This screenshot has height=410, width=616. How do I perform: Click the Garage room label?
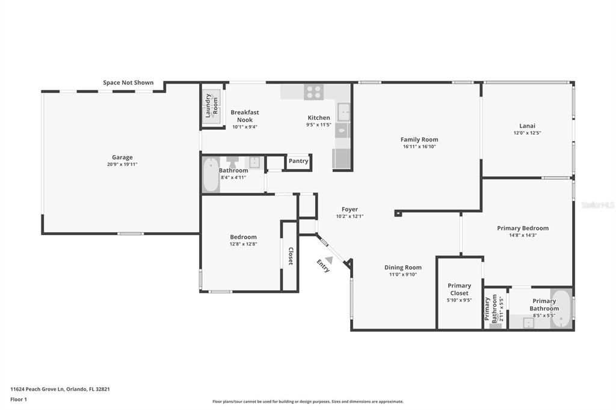pos(122,158)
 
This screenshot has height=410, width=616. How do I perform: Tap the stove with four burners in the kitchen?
pos(313,92)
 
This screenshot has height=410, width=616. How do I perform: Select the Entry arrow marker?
pos(328,260)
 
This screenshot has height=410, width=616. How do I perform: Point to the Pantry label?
pos(298,161)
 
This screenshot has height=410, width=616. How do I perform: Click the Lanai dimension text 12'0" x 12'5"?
pos(527,133)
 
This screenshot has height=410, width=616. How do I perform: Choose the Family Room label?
pos(419,139)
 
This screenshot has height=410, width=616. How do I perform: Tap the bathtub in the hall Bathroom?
pos(211,175)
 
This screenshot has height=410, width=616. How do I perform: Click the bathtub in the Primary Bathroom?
pos(561,309)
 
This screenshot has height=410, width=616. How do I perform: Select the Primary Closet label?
pos(460,289)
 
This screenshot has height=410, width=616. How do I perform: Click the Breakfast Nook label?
pos(245,116)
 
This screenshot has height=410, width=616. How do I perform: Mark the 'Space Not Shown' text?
pos(128,83)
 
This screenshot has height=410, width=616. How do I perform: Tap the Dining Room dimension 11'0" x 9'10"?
pos(403,275)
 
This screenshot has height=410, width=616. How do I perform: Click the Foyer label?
pos(350,209)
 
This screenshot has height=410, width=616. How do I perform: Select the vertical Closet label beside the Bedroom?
pos(290,256)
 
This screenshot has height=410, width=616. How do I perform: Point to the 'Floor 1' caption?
pos(19,399)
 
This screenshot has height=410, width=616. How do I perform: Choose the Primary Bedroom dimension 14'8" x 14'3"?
pos(522,235)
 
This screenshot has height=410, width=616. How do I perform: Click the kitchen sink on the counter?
pos(343,112)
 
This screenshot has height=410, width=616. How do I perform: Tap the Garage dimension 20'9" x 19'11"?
pos(122,164)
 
